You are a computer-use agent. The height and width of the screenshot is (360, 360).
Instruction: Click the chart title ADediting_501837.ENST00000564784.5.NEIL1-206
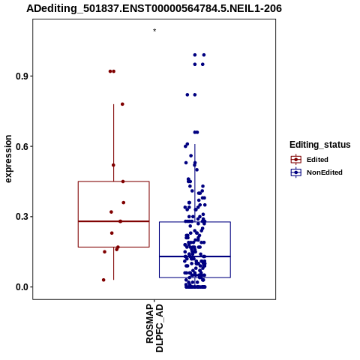point(154,8)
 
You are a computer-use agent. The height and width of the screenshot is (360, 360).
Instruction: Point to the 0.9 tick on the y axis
point(21,76)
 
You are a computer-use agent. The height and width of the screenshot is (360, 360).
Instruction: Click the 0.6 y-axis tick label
point(21,146)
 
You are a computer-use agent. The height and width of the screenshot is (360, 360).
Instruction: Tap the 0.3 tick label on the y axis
point(21,217)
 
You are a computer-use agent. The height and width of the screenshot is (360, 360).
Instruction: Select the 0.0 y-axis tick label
point(21,287)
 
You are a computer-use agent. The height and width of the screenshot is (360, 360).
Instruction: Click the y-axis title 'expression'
point(8,159)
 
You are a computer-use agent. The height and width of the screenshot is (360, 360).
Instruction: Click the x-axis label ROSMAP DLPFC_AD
point(154,328)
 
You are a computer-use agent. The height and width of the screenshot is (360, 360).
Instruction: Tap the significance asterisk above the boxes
point(154,30)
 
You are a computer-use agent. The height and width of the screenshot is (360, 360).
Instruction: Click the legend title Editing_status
point(320,145)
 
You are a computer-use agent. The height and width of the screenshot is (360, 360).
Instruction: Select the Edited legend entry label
point(317,160)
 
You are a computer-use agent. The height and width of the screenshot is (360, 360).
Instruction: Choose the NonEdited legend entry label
point(325,172)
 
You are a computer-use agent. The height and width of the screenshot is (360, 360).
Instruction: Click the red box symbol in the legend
point(296,160)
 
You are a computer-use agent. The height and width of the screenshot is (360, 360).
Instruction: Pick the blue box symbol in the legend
point(296,172)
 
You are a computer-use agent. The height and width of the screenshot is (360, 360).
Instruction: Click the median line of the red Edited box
point(114,221)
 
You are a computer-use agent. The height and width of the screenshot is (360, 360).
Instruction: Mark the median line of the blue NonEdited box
point(195,256)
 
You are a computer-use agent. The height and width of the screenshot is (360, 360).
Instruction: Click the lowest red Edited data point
point(103,280)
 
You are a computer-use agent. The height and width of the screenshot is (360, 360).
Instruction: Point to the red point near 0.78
point(122,104)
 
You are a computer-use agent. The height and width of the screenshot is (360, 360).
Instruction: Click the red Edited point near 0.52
point(113,165)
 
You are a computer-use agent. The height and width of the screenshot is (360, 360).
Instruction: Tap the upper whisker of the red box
point(114,142)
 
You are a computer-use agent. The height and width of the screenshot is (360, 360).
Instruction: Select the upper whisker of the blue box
point(195,183)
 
